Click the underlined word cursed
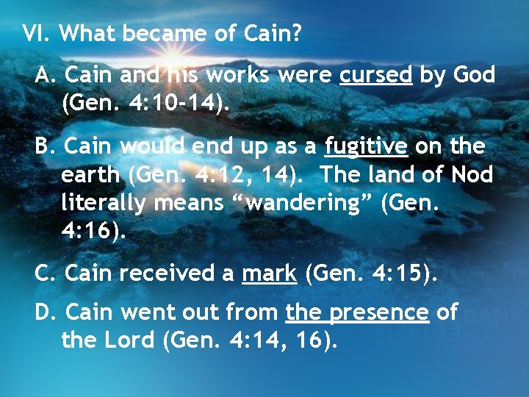click(375, 76)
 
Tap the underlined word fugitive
click(366, 147)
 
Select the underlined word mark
click(270, 273)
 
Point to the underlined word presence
click(379, 312)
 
